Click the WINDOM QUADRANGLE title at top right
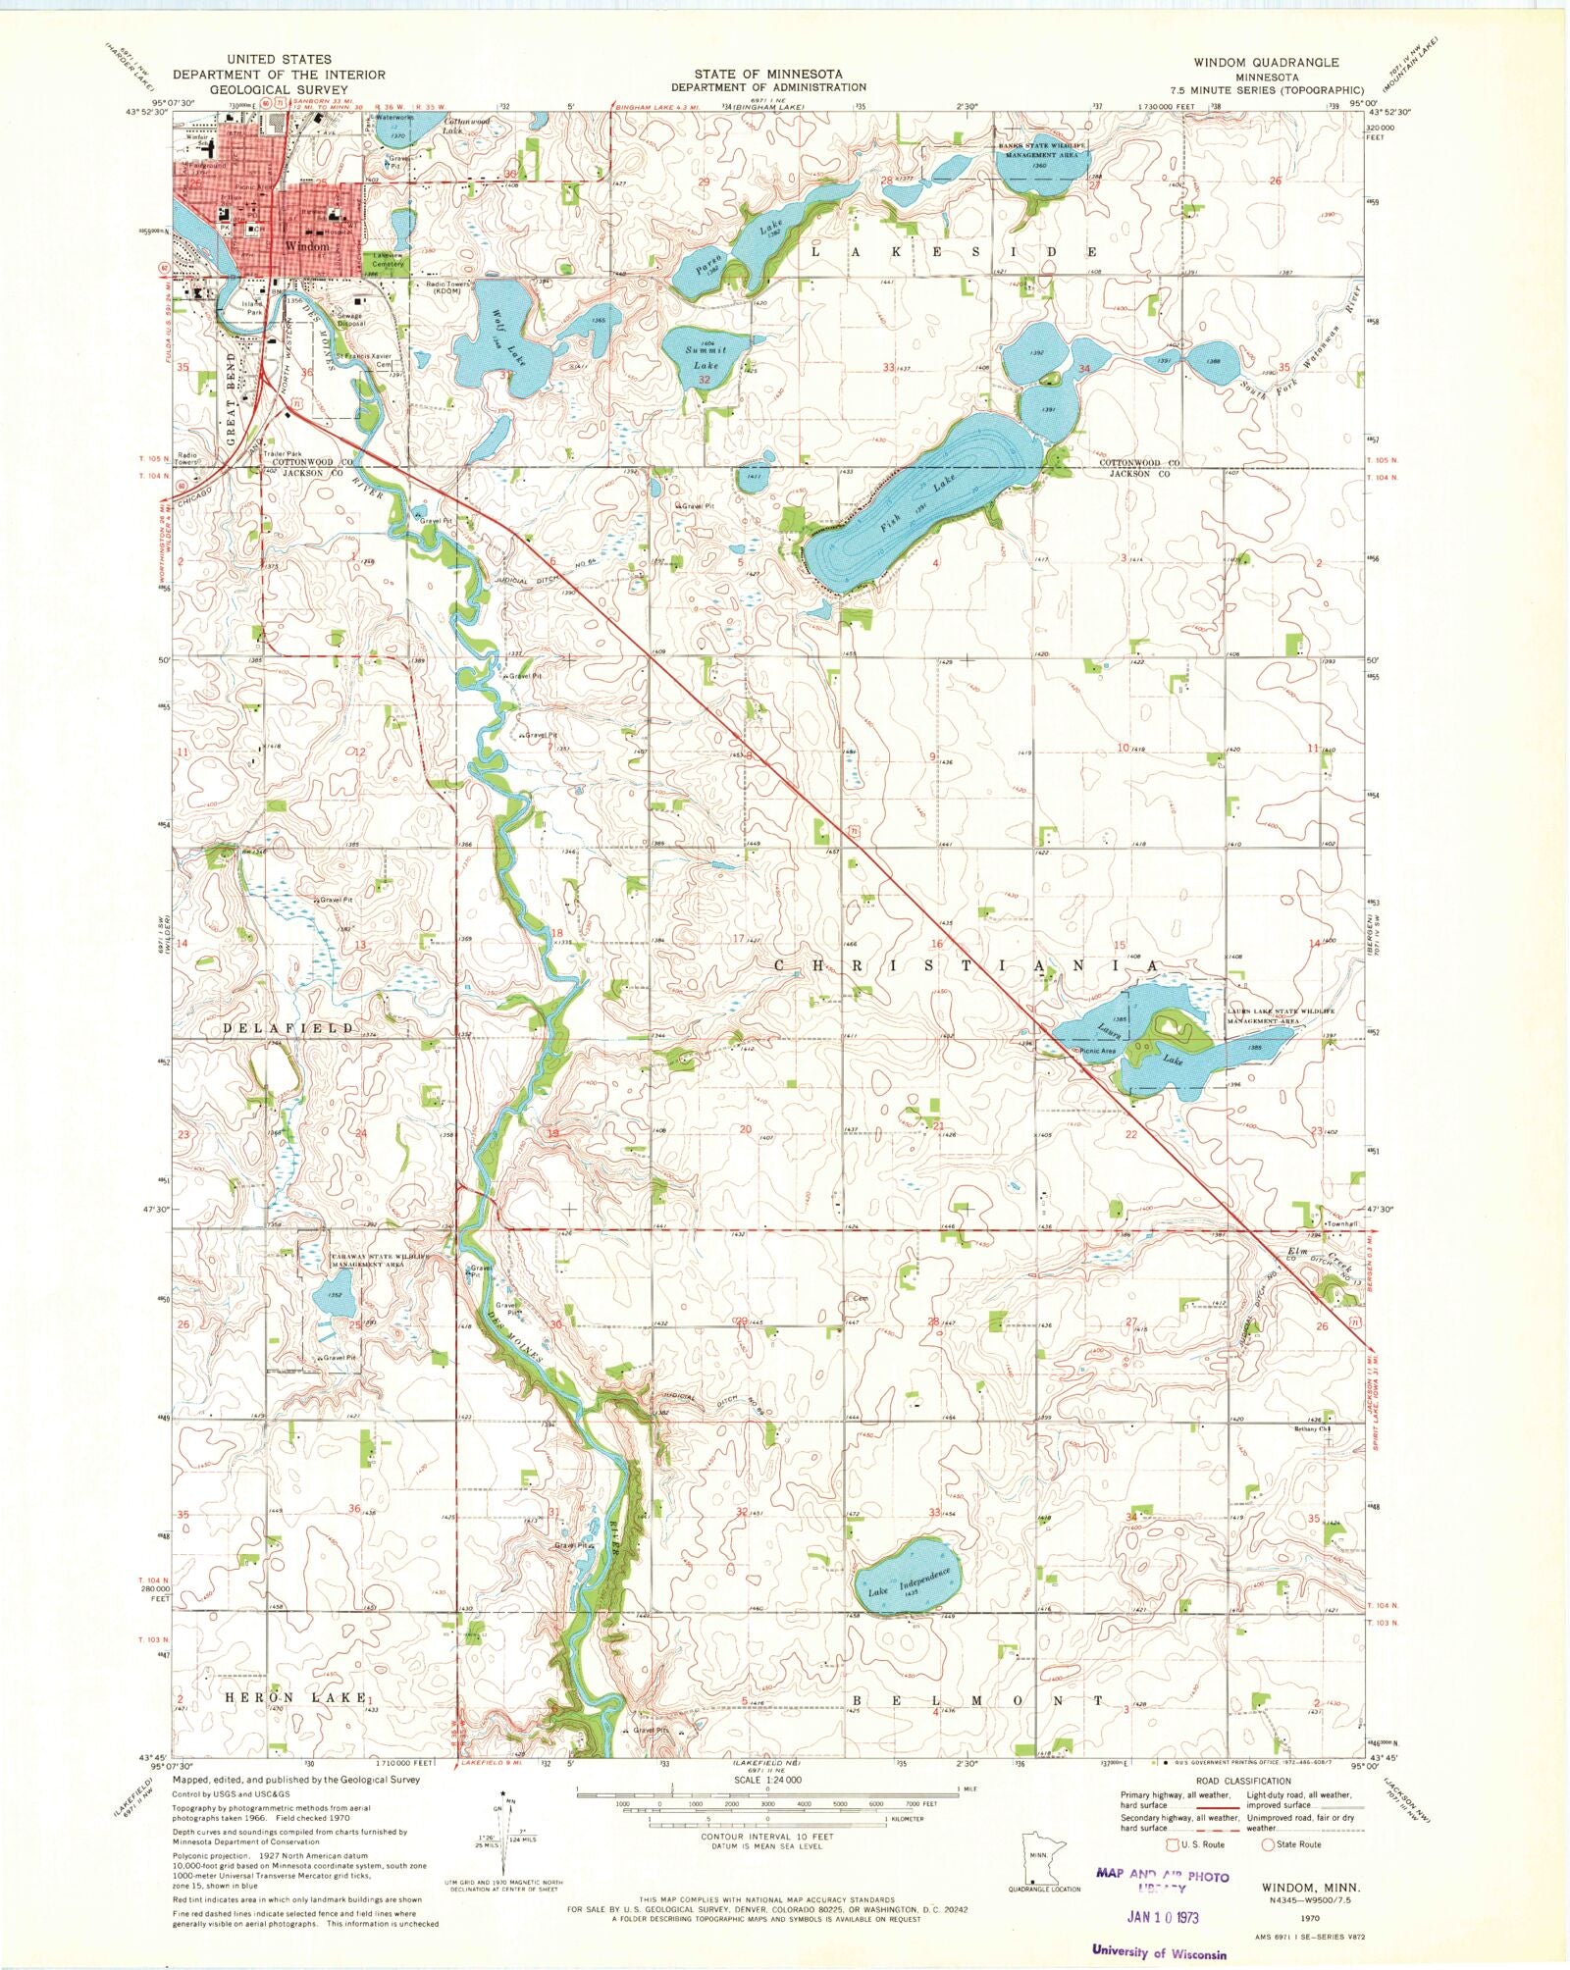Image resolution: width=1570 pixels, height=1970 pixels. [x=1259, y=62]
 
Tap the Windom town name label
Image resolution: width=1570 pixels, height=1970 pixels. [x=306, y=247]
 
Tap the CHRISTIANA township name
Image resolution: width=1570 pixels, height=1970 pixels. [x=967, y=966]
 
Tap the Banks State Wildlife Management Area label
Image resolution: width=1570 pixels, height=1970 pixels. [x=1042, y=150]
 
